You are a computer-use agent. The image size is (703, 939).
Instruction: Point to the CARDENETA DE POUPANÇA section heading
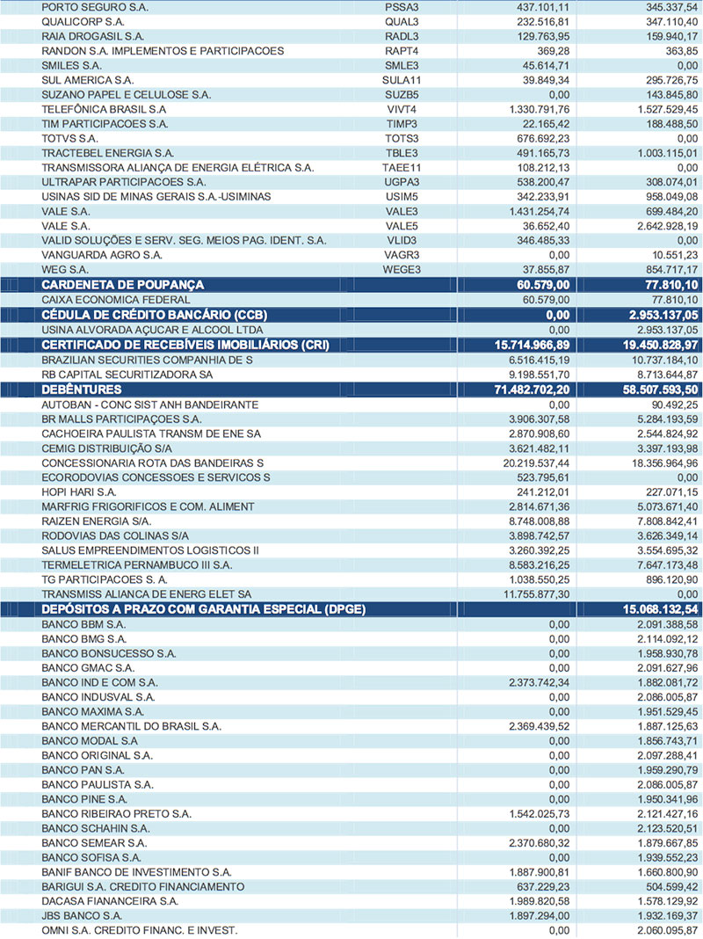123,285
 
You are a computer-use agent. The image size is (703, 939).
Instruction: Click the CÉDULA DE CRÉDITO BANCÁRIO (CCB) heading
155,315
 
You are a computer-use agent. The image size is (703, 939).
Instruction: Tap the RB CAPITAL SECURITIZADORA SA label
127,375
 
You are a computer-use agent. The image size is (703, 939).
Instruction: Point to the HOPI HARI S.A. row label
79,491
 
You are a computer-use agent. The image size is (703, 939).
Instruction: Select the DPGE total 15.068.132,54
647,609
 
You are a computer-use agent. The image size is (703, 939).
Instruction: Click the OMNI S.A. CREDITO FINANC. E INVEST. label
139,931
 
